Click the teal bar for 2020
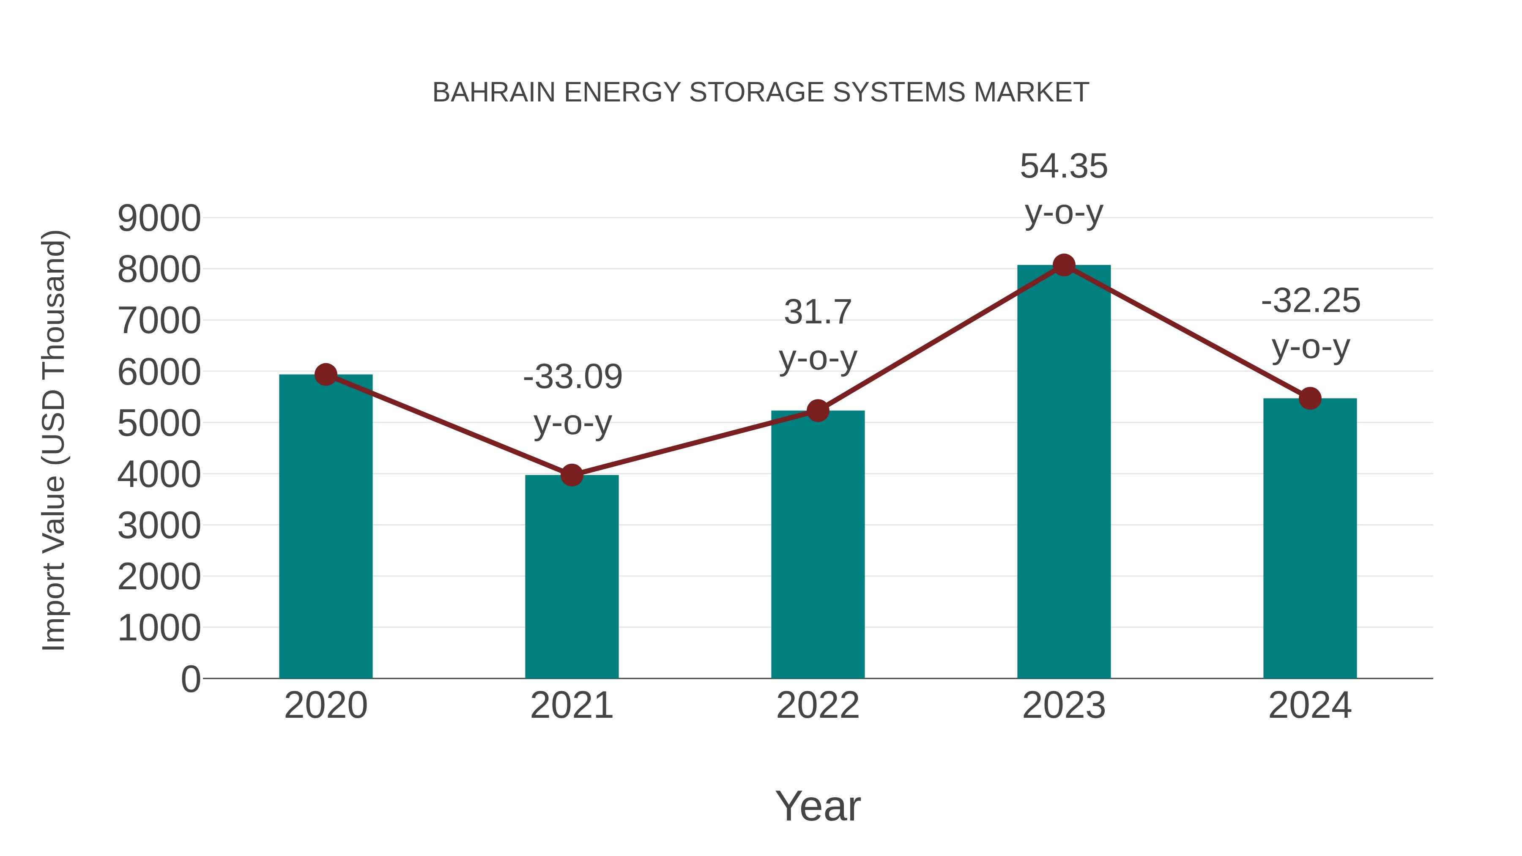pyautogui.click(x=326, y=526)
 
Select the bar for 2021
pyautogui.click(x=571, y=576)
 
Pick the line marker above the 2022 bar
pyautogui.click(x=818, y=410)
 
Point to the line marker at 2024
pyautogui.click(x=1310, y=398)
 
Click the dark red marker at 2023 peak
pyautogui.click(x=1064, y=265)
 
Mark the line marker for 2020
pyautogui.click(x=326, y=374)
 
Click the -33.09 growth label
pyautogui.click(x=572, y=377)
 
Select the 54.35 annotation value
pyautogui.click(x=1064, y=166)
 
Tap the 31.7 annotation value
pyautogui.click(x=818, y=312)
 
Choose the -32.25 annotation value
pyautogui.click(x=1311, y=301)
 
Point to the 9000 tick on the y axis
pyautogui.click(x=159, y=219)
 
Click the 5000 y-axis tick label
pyautogui.click(x=159, y=424)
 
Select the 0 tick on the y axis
pyautogui.click(x=190, y=679)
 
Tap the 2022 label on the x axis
pyautogui.click(x=818, y=706)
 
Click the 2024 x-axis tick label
pyautogui.click(x=1310, y=706)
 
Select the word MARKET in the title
pyautogui.click(x=1031, y=93)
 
